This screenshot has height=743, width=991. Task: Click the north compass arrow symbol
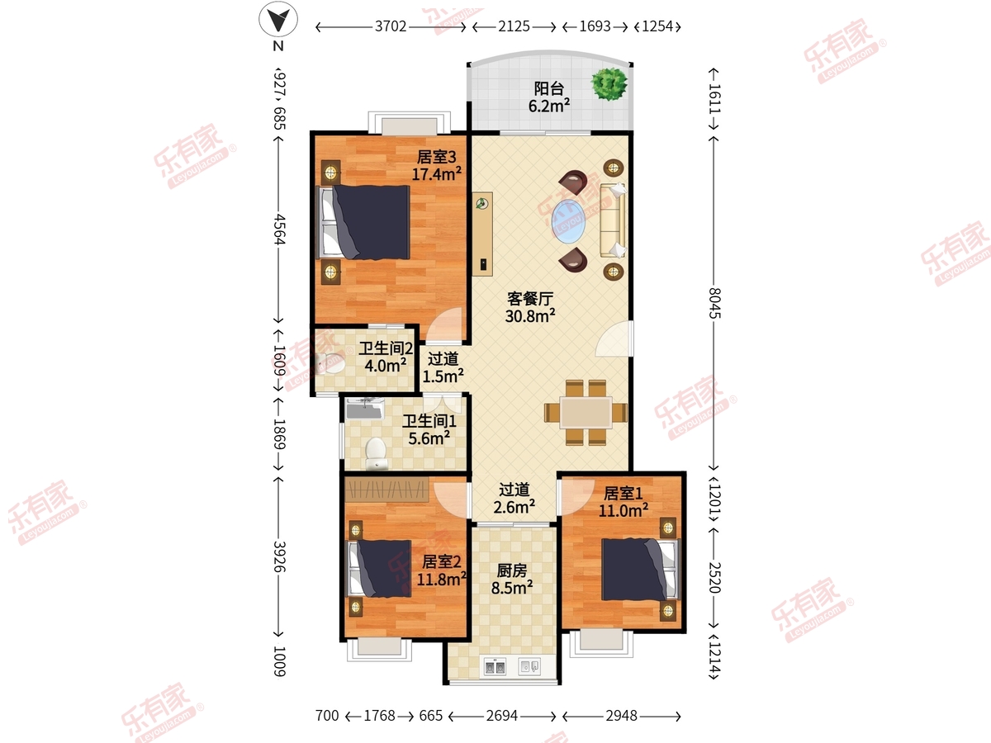278,19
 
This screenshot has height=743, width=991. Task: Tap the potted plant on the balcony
609,84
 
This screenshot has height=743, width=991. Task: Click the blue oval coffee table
568,221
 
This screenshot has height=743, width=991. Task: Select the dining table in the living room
586,412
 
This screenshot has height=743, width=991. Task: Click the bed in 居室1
640,570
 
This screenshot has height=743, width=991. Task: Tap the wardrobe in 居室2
386,489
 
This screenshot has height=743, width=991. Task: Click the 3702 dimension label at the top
391,26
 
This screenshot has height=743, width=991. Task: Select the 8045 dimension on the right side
714,303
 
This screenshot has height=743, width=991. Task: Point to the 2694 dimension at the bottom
501,716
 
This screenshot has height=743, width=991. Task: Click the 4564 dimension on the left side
279,230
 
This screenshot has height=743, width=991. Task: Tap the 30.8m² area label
530,316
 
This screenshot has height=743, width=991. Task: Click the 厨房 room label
511,570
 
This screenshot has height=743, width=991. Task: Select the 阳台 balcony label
549,88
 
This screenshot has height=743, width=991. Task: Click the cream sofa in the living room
613,220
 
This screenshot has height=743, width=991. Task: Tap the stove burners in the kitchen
495,666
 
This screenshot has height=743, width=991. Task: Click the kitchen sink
529,666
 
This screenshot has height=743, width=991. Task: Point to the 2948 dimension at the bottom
621,716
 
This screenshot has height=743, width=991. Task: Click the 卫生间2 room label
386,348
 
